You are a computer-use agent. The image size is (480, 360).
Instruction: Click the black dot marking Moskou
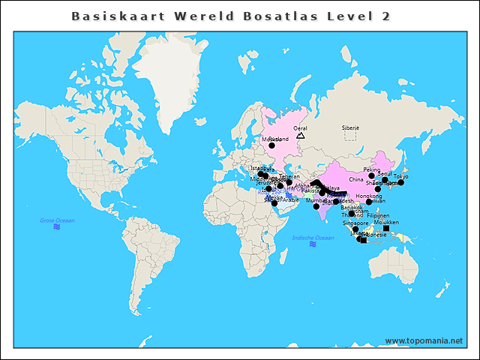click(x=272, y=145)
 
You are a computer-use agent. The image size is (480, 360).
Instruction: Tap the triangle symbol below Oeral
click(x=301, y=135)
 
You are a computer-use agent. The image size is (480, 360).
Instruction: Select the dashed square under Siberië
click(x=350, y=136)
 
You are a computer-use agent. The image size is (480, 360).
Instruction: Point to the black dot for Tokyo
click(x=401, y=182)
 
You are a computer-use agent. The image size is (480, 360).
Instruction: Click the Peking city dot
click(x=371, y=175)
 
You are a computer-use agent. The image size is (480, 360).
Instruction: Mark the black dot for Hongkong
click(x=369, y=202)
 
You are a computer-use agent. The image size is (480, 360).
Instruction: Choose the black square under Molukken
click(x=386, y=228)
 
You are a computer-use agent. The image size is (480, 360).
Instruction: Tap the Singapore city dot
click(x=355, y=229)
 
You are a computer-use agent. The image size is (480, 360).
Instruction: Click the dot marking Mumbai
click(x=316, y=206)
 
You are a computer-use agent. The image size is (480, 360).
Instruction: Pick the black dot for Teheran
click(x=289, y=182)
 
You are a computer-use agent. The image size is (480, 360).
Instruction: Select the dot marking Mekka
click(x=274, y=203)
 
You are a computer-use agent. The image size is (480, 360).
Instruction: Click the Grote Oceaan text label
click(x=57, y=220)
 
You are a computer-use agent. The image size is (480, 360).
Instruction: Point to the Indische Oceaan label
click(x=313, y=238)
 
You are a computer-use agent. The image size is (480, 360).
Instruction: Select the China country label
click(x=355, y=180)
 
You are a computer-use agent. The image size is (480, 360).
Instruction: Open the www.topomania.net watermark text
click(x=424, y=340)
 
